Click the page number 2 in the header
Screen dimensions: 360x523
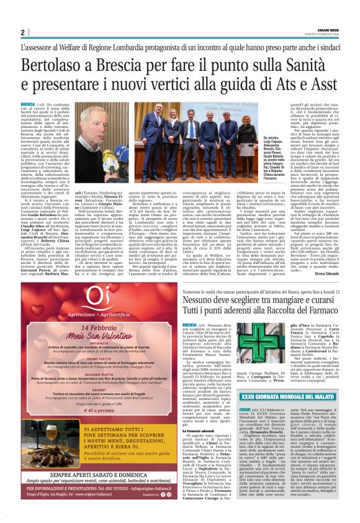(22, 32)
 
